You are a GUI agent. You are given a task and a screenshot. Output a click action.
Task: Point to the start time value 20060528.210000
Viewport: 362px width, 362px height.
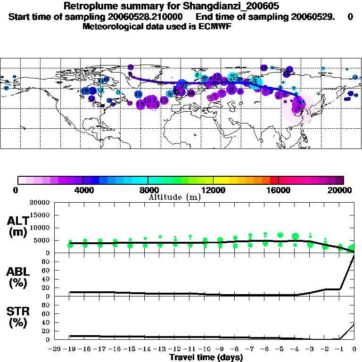pyautogui.click(x=155, y=17)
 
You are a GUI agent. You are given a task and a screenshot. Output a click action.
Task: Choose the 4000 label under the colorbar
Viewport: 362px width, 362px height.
pyautogui.click(x=82, y=190)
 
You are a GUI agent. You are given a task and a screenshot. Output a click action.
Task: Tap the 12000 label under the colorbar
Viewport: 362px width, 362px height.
pyautogui.click(x=213, y=190)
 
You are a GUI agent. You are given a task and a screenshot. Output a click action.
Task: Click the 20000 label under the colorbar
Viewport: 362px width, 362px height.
pyautogui.click(x=343, y=190)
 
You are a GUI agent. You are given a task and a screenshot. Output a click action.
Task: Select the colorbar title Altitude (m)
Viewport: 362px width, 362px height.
pyautogui.click(x=175, y=197)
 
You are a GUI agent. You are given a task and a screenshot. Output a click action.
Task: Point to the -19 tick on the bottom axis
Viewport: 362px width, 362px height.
pyautogui.click(x=70, y=349)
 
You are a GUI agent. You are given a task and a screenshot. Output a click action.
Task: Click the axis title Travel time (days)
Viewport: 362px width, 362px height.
pyautogui.click(x=206, y=357)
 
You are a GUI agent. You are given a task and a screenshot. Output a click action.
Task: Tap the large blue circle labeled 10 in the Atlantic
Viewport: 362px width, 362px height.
pyautogui.click(x=138, y=94)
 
